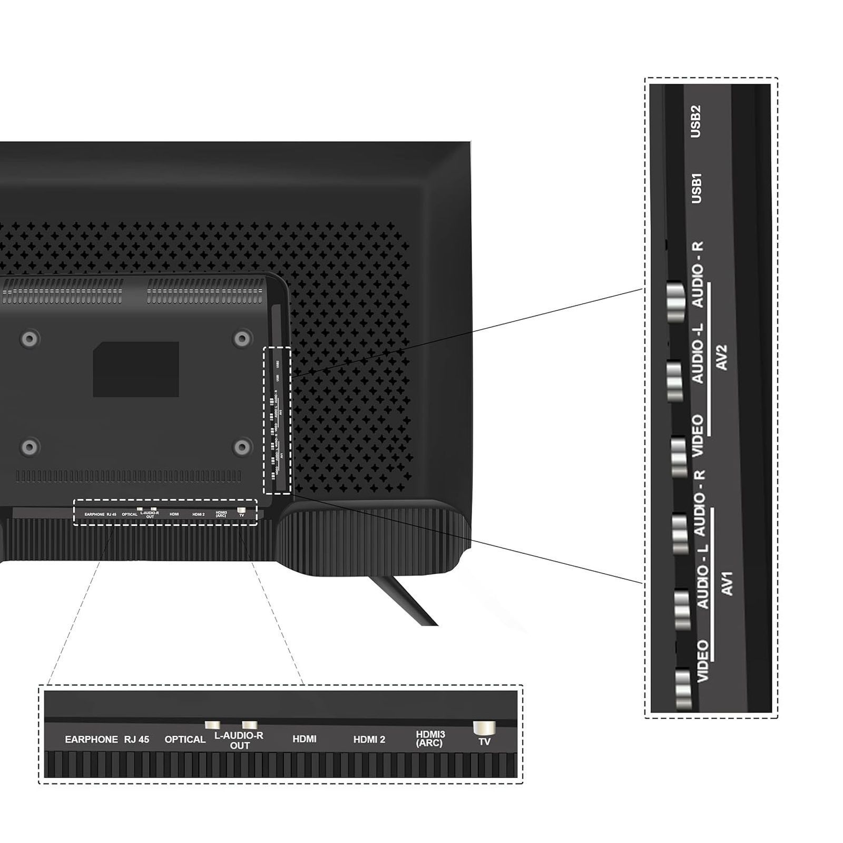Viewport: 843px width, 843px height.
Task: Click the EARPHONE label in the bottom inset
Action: tap(91, 740)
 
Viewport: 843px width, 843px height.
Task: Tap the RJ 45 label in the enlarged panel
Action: tap(136, 740)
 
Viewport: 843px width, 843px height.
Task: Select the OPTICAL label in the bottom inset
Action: tap(185, 740)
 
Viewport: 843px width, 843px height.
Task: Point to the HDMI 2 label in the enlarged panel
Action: tap(369, 740)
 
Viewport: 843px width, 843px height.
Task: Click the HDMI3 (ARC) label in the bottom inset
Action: tap(430, 739)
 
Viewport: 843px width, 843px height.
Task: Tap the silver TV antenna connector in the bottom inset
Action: tap(484, 728)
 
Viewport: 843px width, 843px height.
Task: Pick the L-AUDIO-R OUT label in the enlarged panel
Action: tap(239, 740)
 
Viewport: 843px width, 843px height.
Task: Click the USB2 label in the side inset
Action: tap(696, 122)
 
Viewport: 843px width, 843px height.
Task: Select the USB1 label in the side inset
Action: tap(696, 188)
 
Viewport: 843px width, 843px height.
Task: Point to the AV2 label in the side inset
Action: tap(722, 358)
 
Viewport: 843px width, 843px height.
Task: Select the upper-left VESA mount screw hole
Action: tap(30, 338)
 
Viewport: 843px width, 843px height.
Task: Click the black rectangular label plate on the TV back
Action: tap(136, 369)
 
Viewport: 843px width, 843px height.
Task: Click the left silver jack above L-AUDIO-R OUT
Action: tap(212, 726)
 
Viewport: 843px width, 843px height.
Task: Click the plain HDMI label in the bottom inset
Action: tap(304, 740)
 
